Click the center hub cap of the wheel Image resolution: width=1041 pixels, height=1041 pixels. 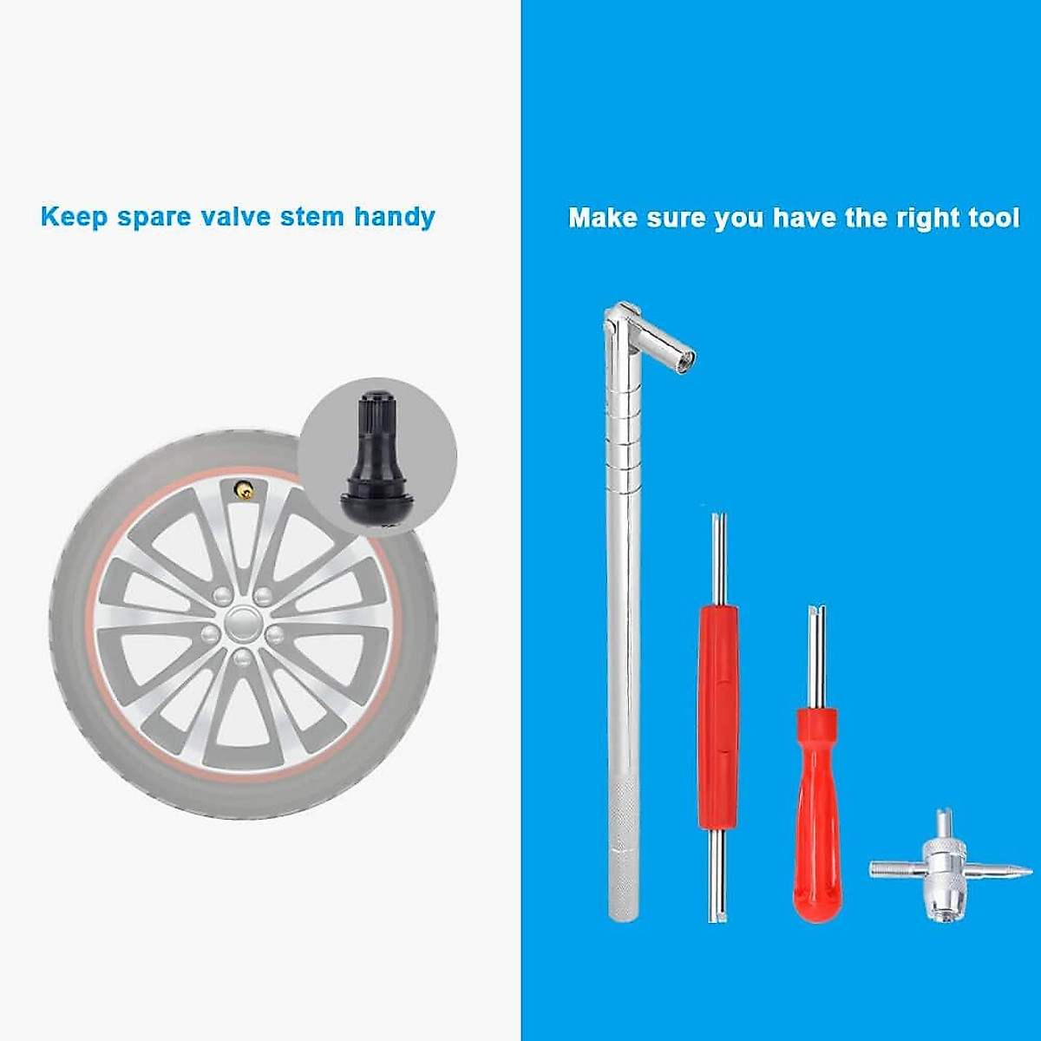coord(243,622)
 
